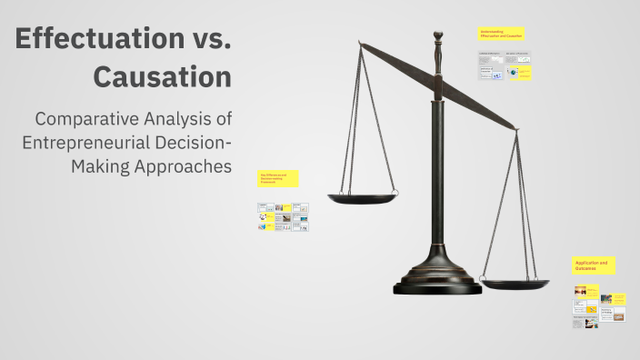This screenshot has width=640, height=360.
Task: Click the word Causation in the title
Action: point(162,77)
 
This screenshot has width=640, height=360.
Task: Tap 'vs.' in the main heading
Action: point(205,40)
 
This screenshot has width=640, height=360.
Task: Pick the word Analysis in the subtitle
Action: point(193,119)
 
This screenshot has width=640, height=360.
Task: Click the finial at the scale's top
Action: point(437,39)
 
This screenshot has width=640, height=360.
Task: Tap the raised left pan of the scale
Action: point(363,196)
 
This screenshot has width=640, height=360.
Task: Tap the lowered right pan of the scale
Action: point(515,285)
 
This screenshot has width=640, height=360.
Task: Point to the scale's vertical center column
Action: point(438,164)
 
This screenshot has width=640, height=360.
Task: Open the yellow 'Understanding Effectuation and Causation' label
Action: point(502,34)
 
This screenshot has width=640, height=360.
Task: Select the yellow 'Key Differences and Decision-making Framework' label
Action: point(278,179)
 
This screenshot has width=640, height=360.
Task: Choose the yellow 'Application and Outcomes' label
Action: point(594,265)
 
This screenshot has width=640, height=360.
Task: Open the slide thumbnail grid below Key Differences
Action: point(283,216)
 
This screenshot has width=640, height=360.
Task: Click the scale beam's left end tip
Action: point(359,43)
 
